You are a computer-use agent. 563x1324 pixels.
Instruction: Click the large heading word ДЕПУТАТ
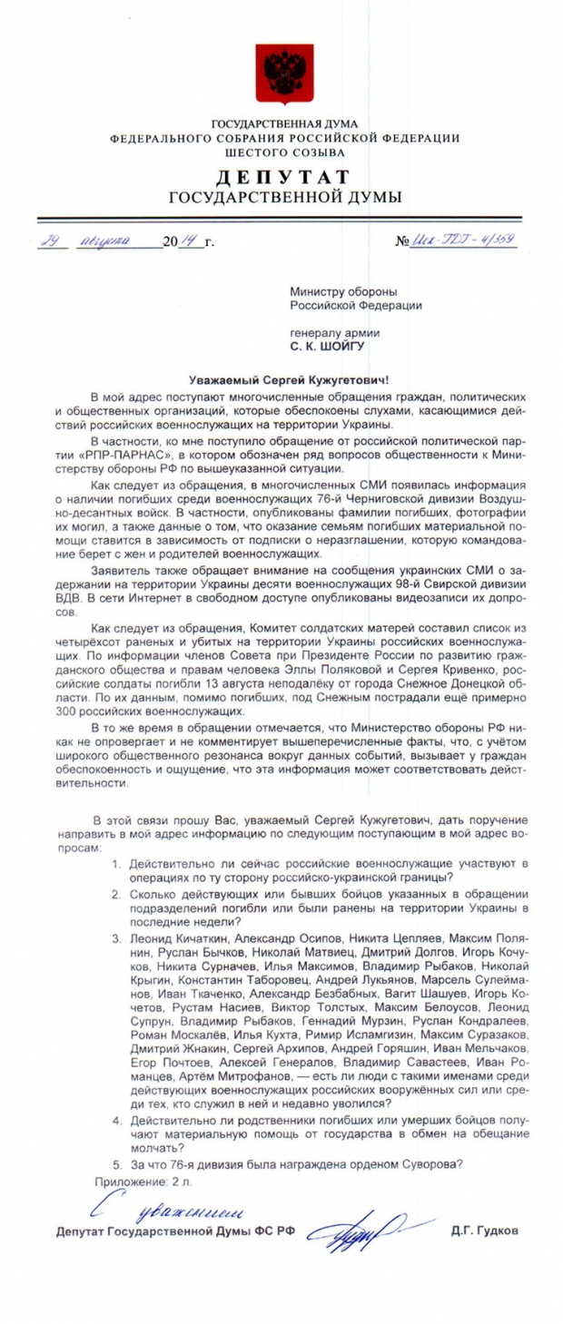(x=282, y=177)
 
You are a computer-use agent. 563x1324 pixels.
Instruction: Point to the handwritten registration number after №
(x=465, y=241)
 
